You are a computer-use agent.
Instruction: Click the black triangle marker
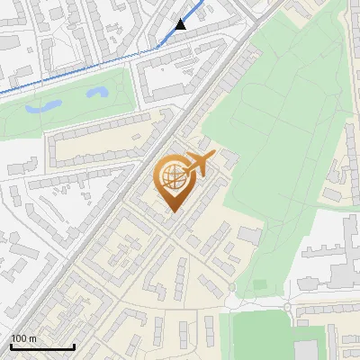pyautogui.click(x=182, y=25)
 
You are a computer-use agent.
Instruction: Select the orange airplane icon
pyautogui.click(x=200, y=164)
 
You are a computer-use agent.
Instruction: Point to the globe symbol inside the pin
pyautogui.click(x=171, y=175)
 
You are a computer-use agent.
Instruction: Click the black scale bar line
pyautogui.click(x=42, y=346)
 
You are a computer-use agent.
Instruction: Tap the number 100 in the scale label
pyautogui.click(x=20, y=338)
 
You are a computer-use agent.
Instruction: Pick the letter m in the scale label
pyautogui.click(x=32, y=338)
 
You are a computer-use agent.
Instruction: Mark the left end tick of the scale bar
pyautogui.click(x=11, y=346)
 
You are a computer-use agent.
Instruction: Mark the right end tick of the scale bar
pyautogui.click(x=74, y=346)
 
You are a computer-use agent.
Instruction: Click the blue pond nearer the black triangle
pyautogui.click(x=98, y=93)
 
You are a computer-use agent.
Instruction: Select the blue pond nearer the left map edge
pyautogui.click(x=40, y=106)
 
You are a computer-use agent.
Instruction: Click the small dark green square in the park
pyautogui.click(x=260, y=285)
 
